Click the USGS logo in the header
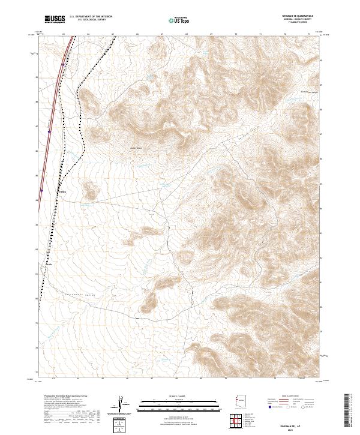point(55,19)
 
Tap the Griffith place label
point(62,191)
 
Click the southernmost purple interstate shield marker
point(41,192)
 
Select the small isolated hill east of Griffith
point(90,191)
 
